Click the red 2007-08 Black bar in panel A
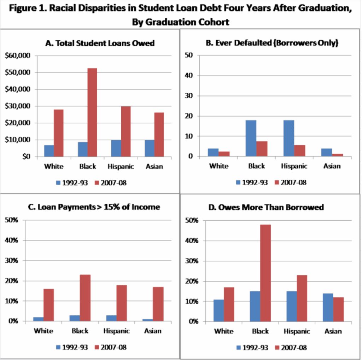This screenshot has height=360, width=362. point(92,112)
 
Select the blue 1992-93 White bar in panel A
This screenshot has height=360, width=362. point(49,151)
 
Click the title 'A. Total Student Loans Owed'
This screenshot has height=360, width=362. point(100,43)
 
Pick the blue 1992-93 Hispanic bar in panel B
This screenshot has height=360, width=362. point(289,138)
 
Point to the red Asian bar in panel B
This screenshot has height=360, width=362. point(338,155)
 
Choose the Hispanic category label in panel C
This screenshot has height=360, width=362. point(116,331)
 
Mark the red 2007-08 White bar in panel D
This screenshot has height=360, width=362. point(229,304)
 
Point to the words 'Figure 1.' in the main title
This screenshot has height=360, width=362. point(27,9)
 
